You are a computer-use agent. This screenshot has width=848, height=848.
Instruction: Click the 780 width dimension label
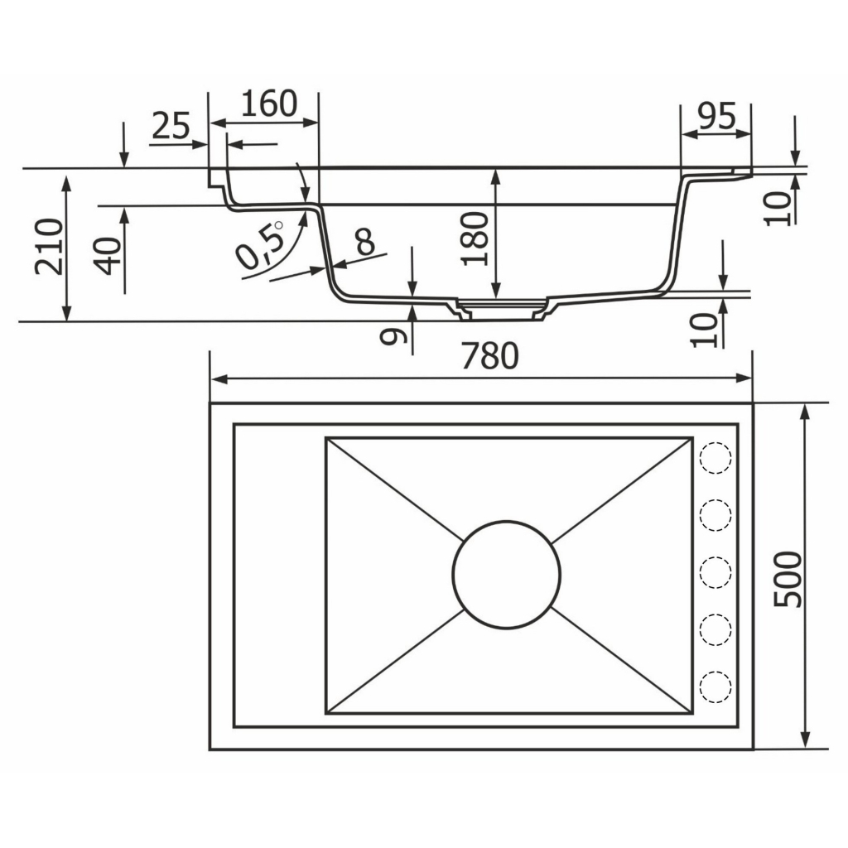click(490, 356)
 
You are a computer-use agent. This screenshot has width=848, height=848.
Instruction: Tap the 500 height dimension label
click(788, 580)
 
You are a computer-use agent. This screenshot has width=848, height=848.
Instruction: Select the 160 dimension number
click(269, 104)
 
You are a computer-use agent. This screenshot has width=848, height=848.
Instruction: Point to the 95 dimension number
click(716, 115)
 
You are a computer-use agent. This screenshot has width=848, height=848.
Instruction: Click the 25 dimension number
click(171, 126)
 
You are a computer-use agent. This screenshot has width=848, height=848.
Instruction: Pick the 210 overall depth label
click(49, 247)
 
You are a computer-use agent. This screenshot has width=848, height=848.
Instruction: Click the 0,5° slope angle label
click(261, 245)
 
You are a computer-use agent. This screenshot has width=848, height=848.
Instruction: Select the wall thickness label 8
click(365, 241)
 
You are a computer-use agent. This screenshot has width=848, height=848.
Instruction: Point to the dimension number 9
click(393, 336)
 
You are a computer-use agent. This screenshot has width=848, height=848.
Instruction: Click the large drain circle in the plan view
click(507, 575)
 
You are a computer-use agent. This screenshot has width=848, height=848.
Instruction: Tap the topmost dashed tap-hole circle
click(715, 457)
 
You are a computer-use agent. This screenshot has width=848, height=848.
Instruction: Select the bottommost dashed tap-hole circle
click(715, 687)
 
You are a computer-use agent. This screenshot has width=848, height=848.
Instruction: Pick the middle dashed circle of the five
click(715, 572)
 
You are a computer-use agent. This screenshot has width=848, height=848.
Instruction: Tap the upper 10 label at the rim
click(777, 209)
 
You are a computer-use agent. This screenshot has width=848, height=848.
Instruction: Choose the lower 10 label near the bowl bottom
click(704, 330)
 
